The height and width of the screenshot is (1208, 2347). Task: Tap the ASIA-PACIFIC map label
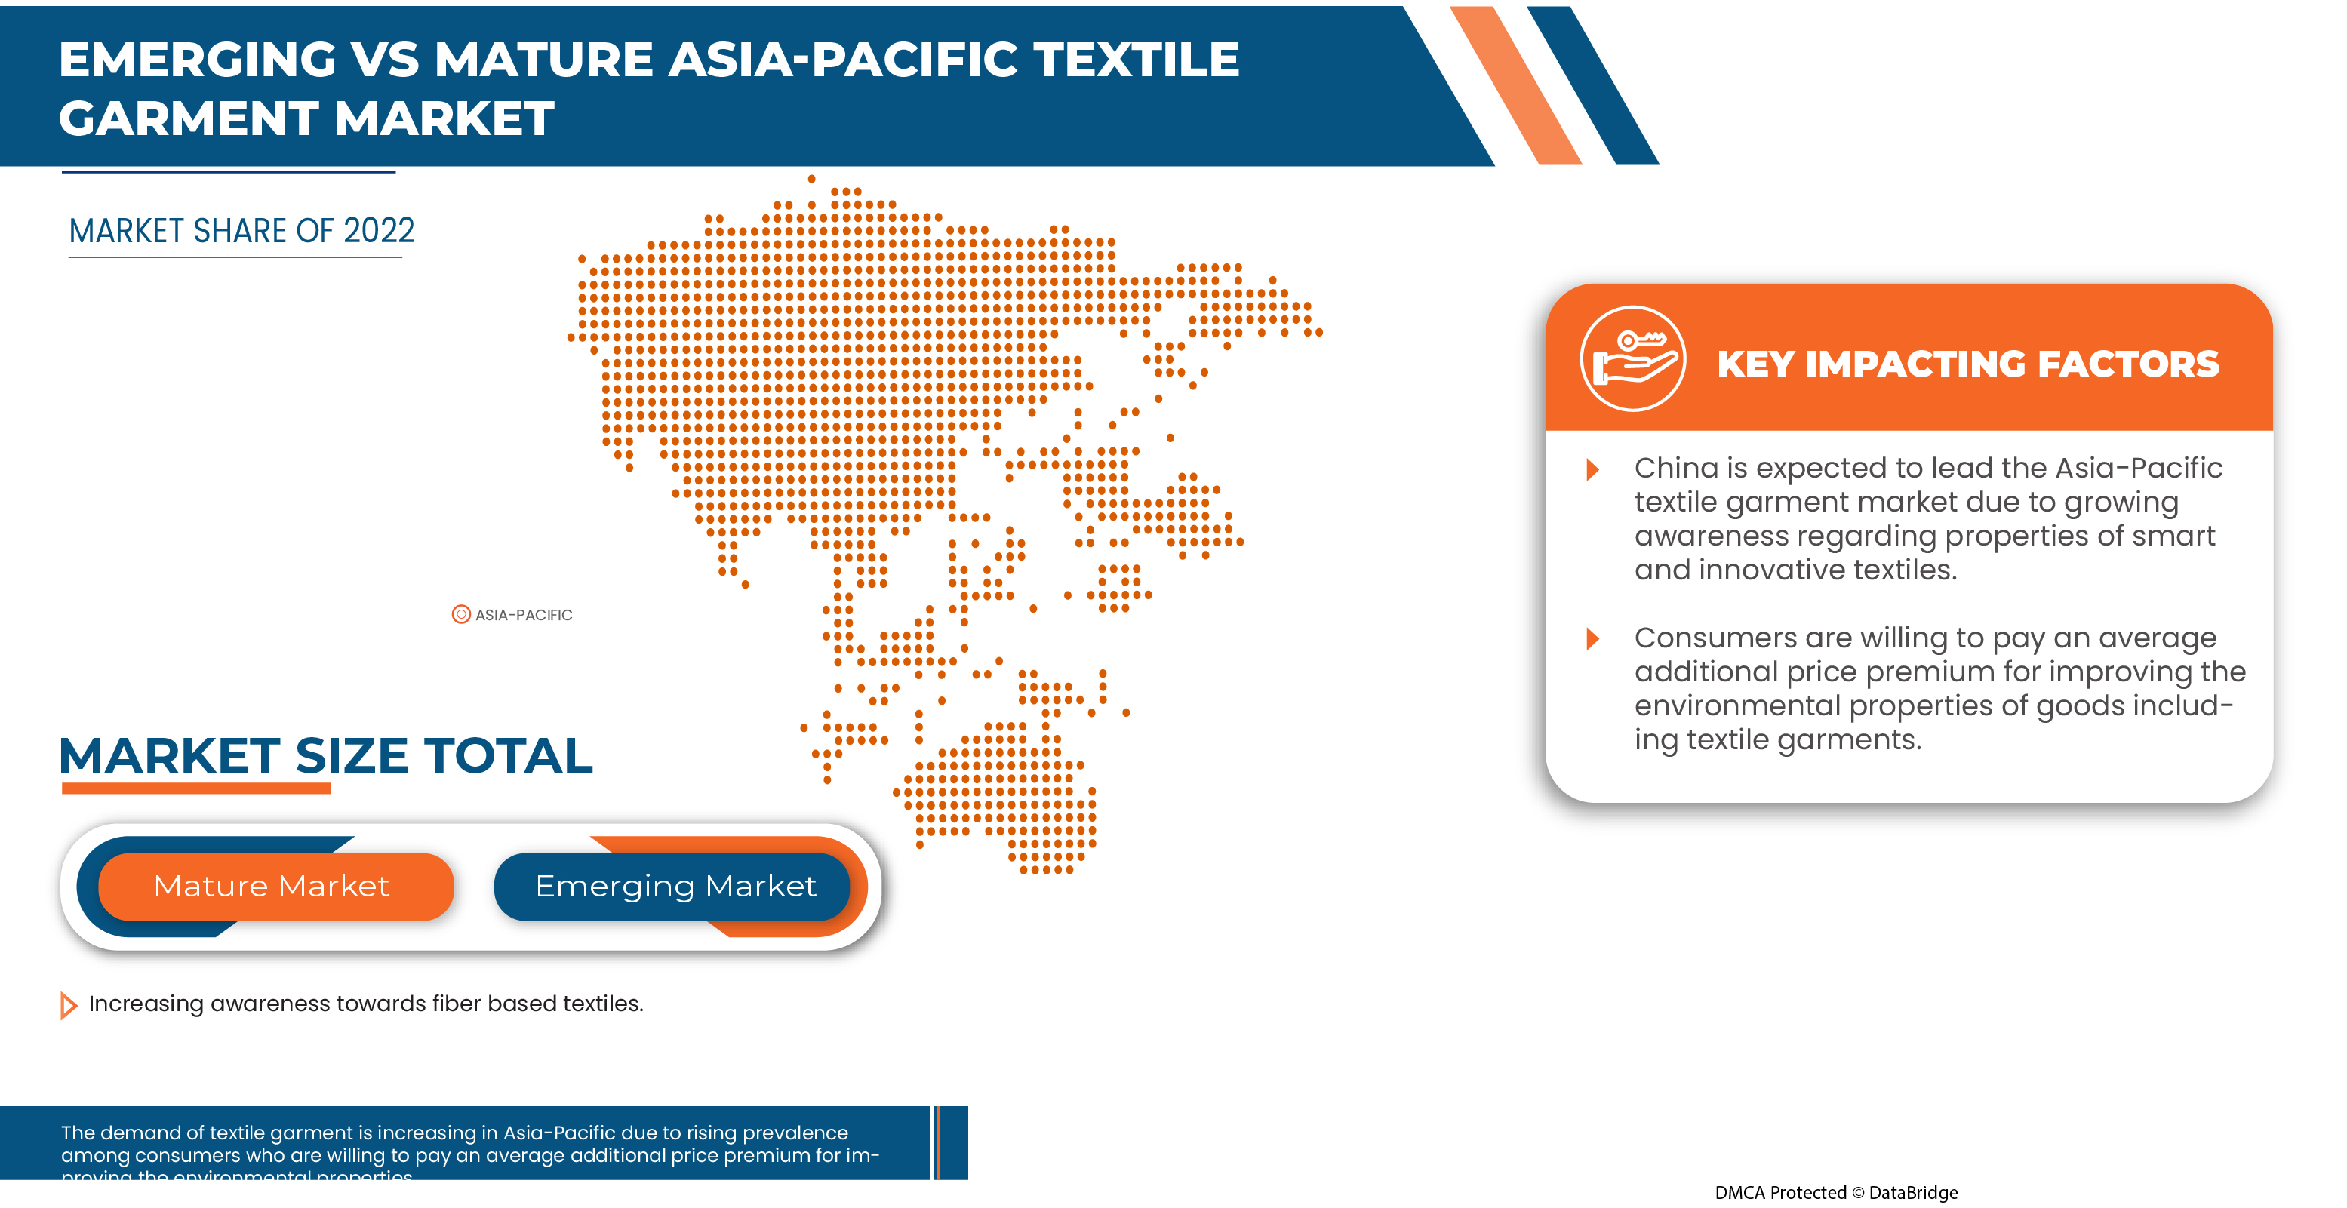(522, 615)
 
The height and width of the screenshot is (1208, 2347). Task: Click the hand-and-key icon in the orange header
(1632, 358)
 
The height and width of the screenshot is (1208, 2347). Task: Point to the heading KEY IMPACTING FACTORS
(1967, 364)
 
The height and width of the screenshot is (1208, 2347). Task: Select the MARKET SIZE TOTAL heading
(325, 755)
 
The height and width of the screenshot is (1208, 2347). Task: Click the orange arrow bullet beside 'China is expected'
(1592, 469)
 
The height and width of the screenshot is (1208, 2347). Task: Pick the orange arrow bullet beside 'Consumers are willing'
(1592, 638)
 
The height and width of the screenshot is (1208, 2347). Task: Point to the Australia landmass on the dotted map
(1002, 792)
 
